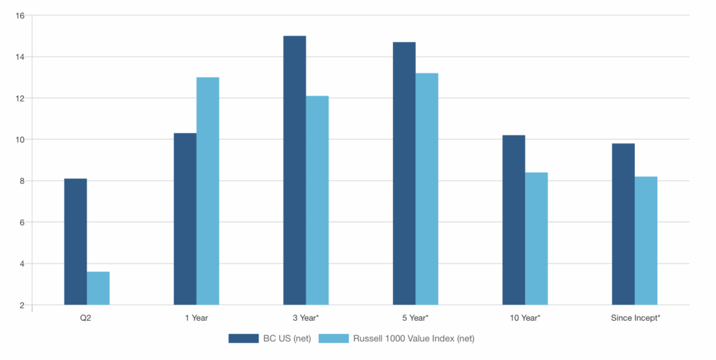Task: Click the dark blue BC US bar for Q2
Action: point(76,242)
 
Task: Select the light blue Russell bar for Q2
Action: point(98,289)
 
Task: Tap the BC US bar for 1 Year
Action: point(185,219)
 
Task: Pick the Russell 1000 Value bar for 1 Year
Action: point(208,191)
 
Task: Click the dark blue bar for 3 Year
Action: point(294,170)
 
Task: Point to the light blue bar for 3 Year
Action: point(317,201)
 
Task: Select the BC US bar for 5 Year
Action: point(404,173)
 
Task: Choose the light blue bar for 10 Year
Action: point(536,238)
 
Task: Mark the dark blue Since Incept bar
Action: point(623,224)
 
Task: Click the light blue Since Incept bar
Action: point(646,240)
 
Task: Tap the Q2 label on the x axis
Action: point(86,318)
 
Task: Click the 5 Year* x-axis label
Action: point(415,318)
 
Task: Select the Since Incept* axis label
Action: point(636,318)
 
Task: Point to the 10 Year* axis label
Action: point(525,318)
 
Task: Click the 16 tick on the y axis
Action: point(20,15)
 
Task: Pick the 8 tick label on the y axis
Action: point(22,181)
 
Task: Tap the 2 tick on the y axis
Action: point(22,305)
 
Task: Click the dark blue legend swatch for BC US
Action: point(243,338)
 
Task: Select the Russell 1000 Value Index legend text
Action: point(414,338)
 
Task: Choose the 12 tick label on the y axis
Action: point(20,98)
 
